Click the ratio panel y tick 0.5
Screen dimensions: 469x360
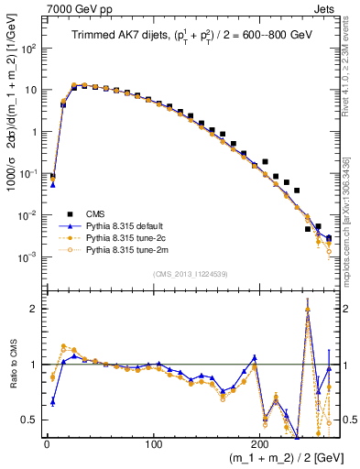coord(30,420)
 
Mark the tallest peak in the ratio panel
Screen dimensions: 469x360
coord(307,309)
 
